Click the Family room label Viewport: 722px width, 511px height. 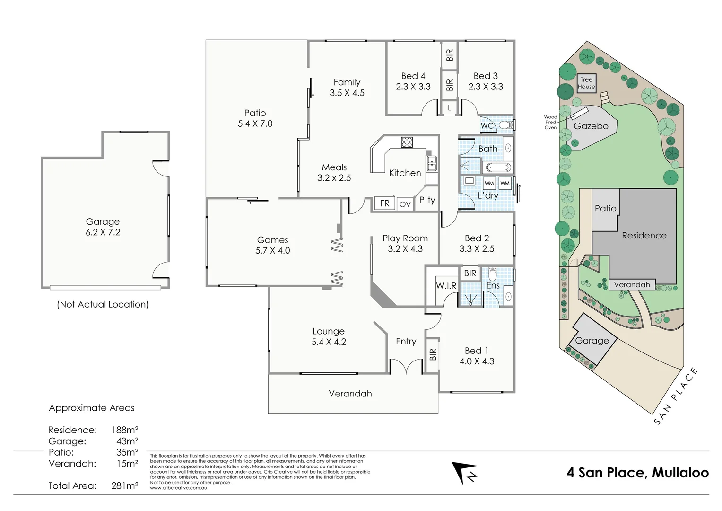347,82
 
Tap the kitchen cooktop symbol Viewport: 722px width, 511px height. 407,142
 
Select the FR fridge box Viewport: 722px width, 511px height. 384,203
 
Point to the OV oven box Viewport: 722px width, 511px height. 405,204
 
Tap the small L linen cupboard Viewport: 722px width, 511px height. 449,108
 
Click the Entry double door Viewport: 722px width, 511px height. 406,366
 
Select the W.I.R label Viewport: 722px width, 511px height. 446,286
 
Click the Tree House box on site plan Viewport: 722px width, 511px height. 586,83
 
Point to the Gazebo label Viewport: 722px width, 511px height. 591,126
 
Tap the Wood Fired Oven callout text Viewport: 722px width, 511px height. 550,122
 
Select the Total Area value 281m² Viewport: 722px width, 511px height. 125,485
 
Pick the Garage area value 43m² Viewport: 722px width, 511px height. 127,441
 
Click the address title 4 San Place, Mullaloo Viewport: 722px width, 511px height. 637,472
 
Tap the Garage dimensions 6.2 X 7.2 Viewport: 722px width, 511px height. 103,232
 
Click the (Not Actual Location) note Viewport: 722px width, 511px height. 103,304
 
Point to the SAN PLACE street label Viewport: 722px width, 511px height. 676,396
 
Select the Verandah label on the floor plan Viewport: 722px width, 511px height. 350,394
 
